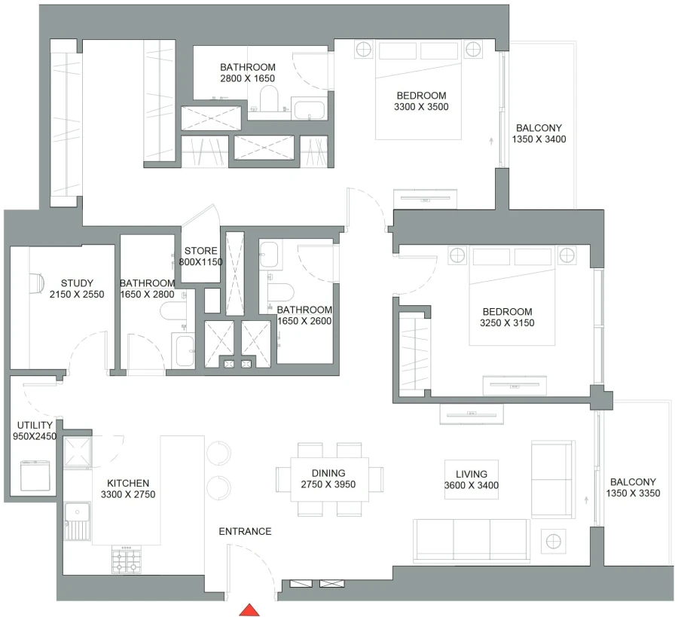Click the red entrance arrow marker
249,609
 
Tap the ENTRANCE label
245,531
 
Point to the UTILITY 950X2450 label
35,430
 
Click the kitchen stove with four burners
127,560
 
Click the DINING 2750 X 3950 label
328,479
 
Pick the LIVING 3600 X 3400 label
471,480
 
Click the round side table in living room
555,540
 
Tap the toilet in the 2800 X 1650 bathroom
268,97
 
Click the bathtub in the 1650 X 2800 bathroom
183,352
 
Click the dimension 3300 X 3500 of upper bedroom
420,107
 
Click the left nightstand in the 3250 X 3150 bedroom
457,255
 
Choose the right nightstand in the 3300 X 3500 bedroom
473,50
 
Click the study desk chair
38,282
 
